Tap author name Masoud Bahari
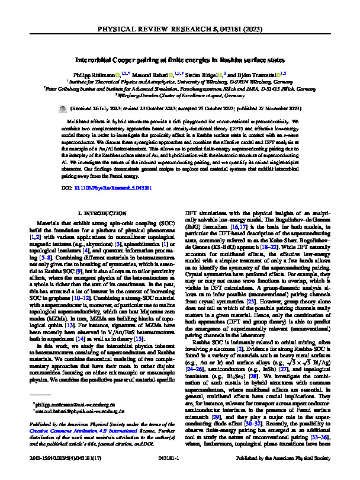(153, 75)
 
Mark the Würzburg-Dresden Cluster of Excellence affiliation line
(179, 95)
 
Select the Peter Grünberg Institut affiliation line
(179, 88)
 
